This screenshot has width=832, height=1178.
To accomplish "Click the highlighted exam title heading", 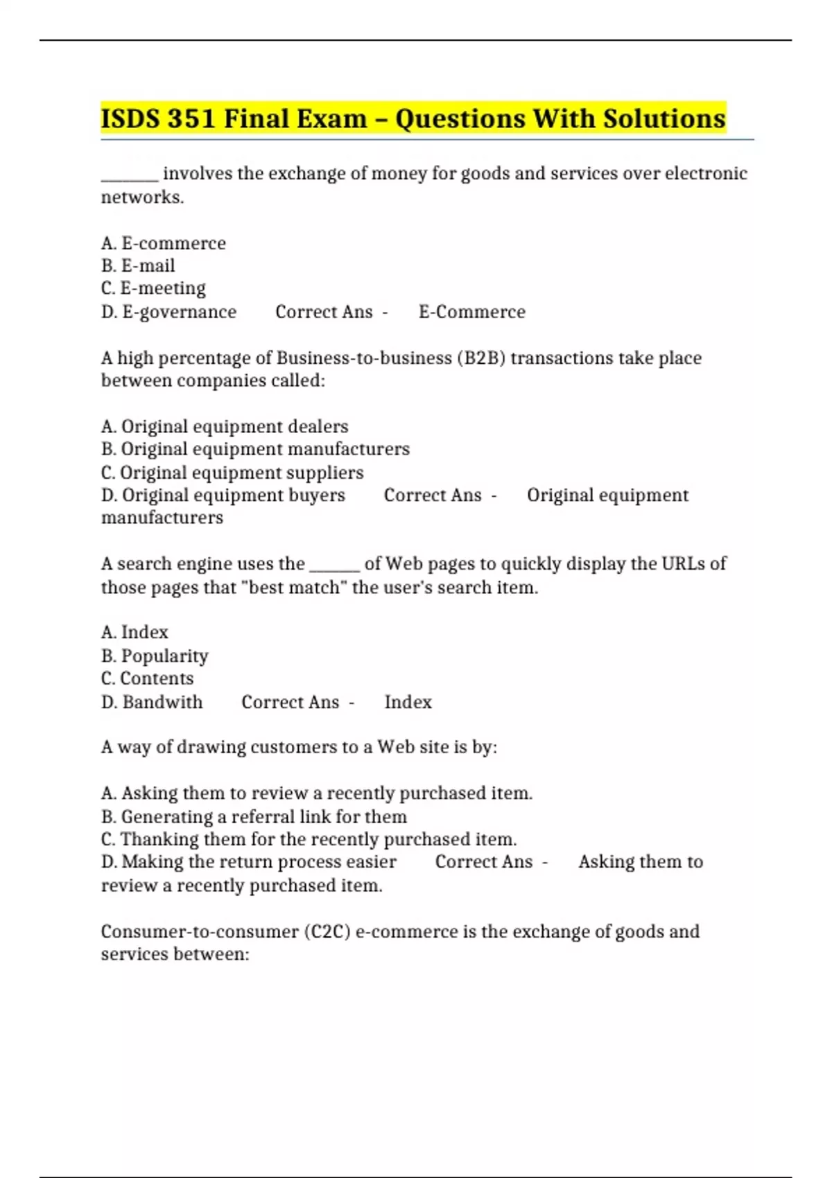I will (x=413, y=118).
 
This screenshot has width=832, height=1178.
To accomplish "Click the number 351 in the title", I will (x=191, y=118).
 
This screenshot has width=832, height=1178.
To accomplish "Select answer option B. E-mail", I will (x=138, y=265).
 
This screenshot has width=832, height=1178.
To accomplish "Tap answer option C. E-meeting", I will (x=153, y=288).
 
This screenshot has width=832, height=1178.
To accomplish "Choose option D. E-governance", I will (x=168, y=312).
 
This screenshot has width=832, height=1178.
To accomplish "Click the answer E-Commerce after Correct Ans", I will (x=471, y=312).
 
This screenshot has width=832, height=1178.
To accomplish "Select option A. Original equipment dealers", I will (x=225, y=426).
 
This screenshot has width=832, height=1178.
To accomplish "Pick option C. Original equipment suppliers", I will (x=232, y=473).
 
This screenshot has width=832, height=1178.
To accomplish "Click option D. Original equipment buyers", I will (x=223, y=495).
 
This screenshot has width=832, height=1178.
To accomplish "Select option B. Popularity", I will (x=155, y=656).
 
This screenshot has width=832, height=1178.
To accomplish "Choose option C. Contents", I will (x=147, y=678).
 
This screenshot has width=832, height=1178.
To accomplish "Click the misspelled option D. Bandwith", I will (x=152, y=702).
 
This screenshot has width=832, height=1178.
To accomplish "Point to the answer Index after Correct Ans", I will (x=408, y=702).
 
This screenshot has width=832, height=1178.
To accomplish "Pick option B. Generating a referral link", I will (x=254, y=816).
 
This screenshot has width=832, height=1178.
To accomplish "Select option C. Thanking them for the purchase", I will (x=309, y=839).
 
